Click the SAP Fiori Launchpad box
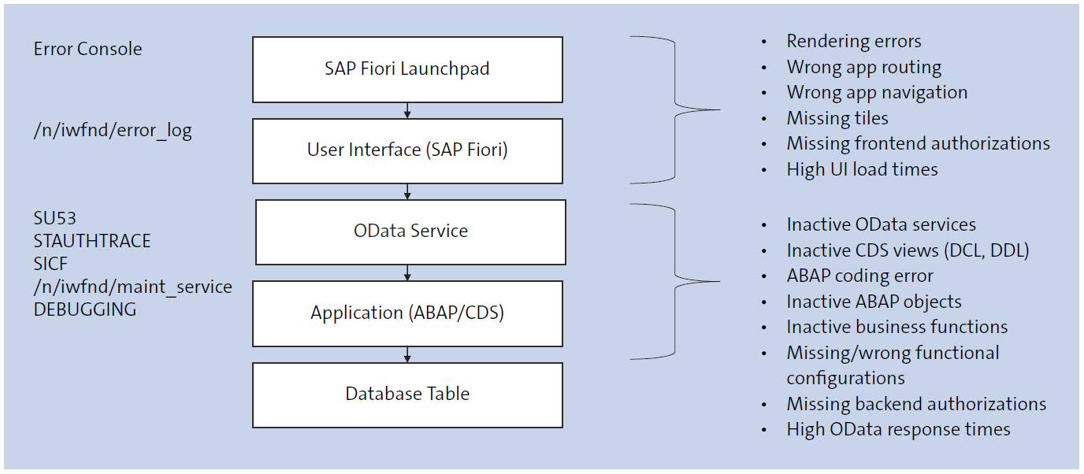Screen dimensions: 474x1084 pyautogui.click(x=407, y=69)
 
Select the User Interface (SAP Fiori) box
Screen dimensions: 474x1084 pyautogui.click(x=407, y=150)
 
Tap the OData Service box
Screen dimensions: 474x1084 pyautogui.click(x=410, y=231)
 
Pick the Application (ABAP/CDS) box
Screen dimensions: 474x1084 pyautogui.click(x=407, y=313)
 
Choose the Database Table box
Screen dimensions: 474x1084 pyautogui.click(x=407, y=394)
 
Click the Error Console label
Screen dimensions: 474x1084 pyautogui.click(x=87, y=49)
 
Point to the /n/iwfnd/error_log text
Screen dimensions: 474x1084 pyautogui.click(x=112, y=130)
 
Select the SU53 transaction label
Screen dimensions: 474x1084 pyautogui.click(x=54, y=218)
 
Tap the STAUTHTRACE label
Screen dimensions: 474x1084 pyautogui.click(x=91, y=241)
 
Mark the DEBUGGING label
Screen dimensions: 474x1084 pyautogui.click(x=84, y=309)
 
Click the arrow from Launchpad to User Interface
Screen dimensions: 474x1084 pyautogui.click(x=407, y=110)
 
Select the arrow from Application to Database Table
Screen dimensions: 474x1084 pyautogui.click(x=407, y=354)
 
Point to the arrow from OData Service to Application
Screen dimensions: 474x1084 pyautogui.click(x=407, y=272)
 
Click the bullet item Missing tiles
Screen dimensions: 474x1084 pyautogui.click(x=837, y=118)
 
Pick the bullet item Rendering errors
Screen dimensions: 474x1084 pyautogui.click(x=853, y=42)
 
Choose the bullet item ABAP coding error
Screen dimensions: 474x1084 pyautogui.click(x=859, y=276)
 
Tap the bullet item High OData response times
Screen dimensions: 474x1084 pyautogui.click(x=898, y=430)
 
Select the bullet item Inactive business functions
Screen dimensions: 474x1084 pyautogui.click(x=897, y=327)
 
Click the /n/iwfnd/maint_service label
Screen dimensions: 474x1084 pyautogui.click(x=132, y=287)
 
